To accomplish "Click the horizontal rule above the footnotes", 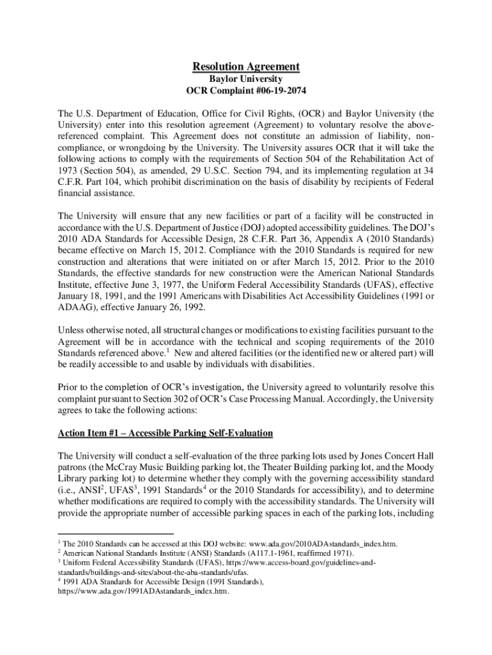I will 115,533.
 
